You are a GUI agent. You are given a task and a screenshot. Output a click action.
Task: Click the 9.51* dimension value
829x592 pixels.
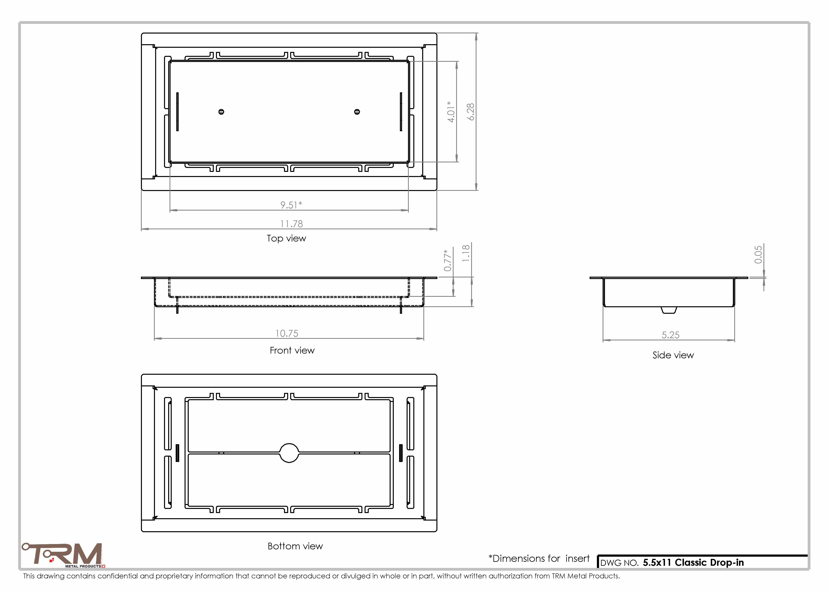(291, 205)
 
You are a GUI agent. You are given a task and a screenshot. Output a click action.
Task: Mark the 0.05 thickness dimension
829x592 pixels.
(758, 254)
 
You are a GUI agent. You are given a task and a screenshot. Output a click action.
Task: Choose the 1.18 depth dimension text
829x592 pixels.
(466, 253)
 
